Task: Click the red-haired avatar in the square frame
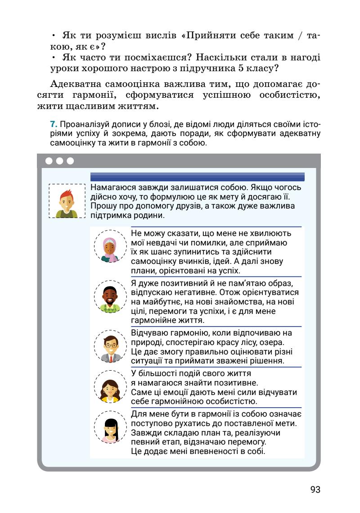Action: point(67,201)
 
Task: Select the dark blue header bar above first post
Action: point(197,177)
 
